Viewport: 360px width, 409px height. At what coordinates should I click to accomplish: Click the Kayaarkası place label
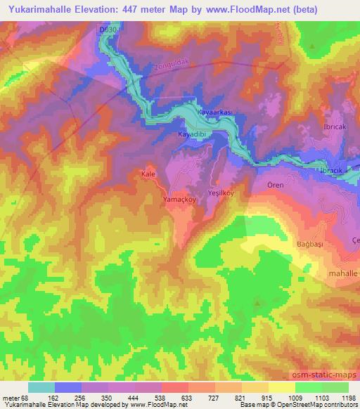coord(217,112)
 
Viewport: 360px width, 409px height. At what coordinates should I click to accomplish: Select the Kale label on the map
coord(148,172)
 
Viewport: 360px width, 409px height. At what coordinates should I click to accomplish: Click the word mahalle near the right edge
coord(344,271)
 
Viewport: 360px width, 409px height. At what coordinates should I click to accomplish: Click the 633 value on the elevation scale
coord(165,397)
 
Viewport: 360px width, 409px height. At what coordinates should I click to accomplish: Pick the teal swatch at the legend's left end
coord(41,387)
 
